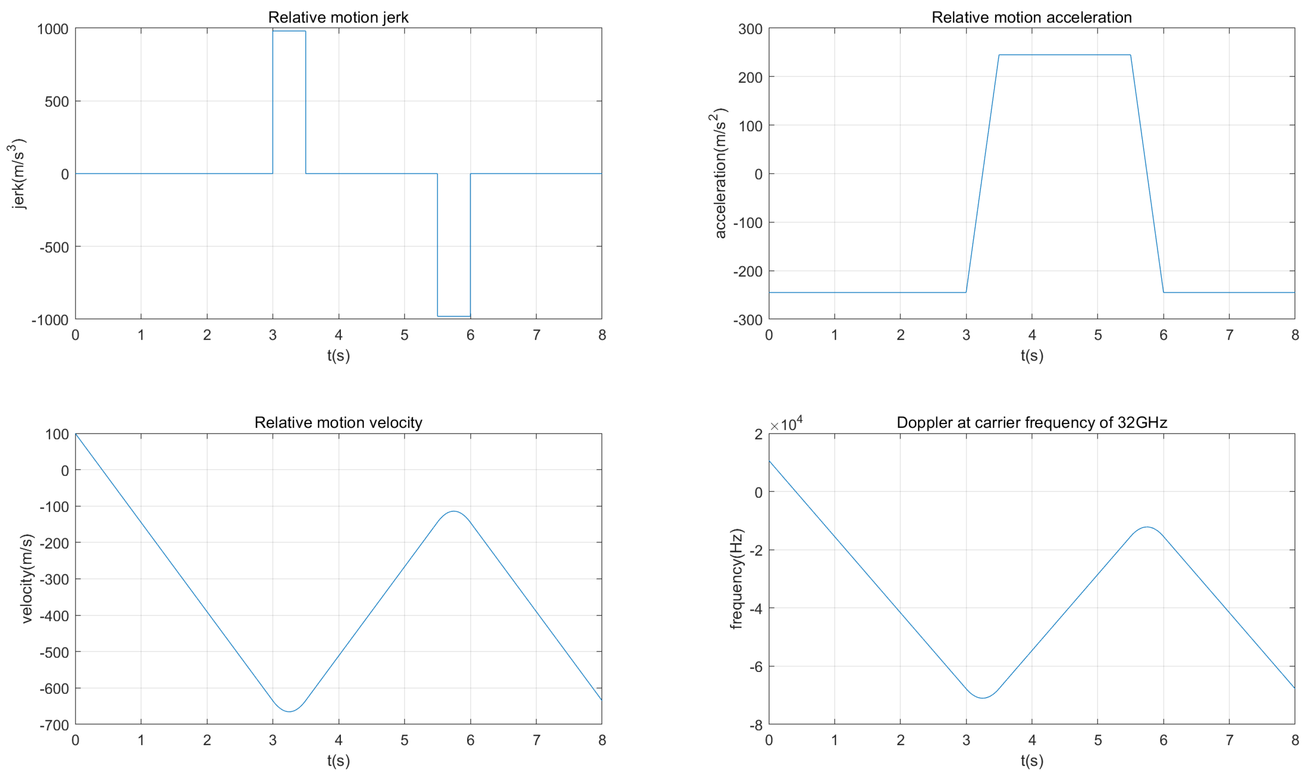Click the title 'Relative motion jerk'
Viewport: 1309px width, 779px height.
(x=338, y=18)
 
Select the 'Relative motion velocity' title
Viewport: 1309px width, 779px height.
(x=338, y=423)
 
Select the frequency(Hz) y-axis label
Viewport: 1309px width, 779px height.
(x=736, y=578)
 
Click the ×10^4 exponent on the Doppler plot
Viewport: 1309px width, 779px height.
(x=787, y=424)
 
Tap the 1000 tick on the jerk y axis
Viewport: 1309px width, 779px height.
(x=53, y=29)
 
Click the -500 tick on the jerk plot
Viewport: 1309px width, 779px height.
(x=54, y=247)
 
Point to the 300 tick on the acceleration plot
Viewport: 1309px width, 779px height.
(x=750, y=29)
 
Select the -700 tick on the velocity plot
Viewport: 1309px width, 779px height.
(x=54, y=725)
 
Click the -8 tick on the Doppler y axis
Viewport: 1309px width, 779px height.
(x=755, y=725)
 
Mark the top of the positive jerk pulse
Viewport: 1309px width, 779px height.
(x=289, y=31)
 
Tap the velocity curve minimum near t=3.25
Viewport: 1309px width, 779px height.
(x=289, y=711)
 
